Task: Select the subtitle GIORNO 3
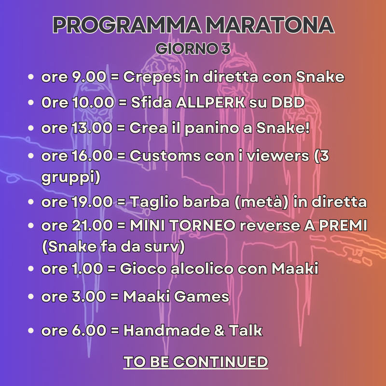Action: [x=193, y=49]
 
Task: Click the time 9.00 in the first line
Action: [x=89, y=77]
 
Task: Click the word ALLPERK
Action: [x=210, y=102]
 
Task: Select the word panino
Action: [x=212, y=128]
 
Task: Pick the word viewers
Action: [x=278, y=156]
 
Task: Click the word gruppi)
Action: [x=71, y=177]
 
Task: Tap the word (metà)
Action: [x=261, y=202]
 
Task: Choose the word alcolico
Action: [x=202, y=269]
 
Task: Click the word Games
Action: [x=202, y=296]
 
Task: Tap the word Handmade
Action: [x=166, y=331]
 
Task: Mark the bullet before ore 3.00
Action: [x=31, y=296]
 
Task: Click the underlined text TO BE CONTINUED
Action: [x=195, y=362]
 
